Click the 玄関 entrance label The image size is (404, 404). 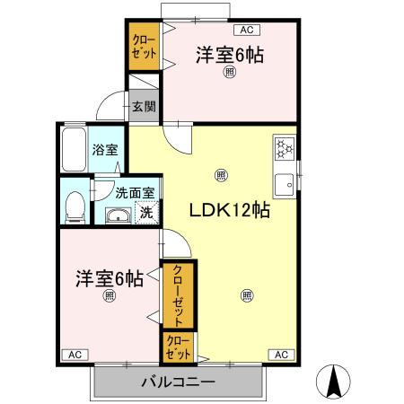click(x=143, y=106)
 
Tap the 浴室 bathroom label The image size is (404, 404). click(x=105, y=150)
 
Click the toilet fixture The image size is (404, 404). click(x=75, y=205)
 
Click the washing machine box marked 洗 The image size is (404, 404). click(x=146, y=214)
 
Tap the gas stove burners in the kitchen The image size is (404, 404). click(x=284, y=146)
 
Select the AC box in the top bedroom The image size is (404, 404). click(x=246, y=30)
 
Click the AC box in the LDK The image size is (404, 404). click(x=281, y=355)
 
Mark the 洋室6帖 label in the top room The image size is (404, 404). click(x=230, y=55)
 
